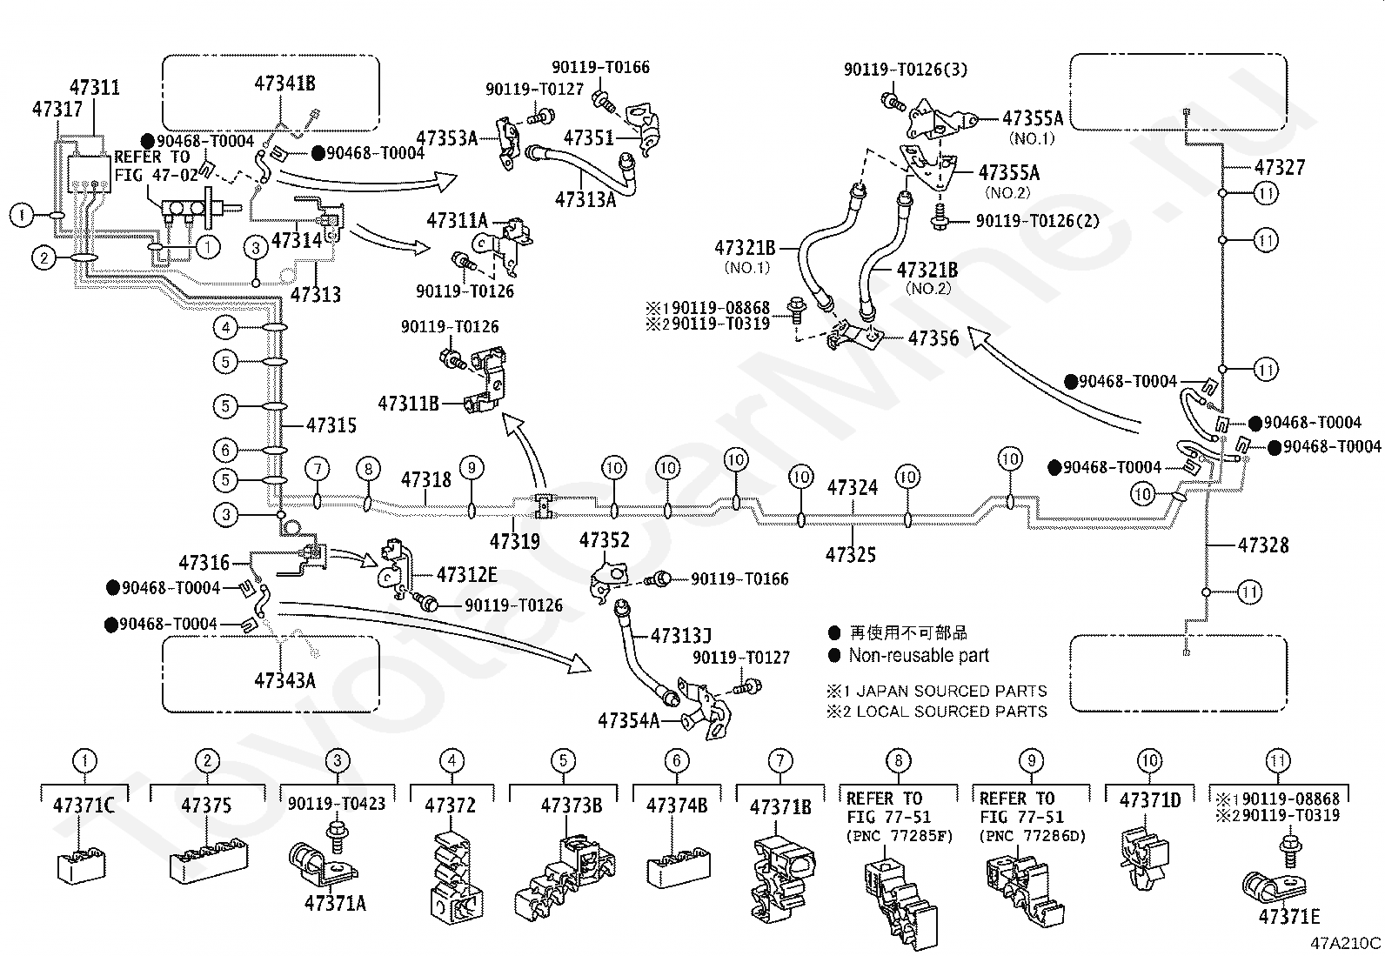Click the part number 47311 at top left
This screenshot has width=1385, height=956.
[95, 87]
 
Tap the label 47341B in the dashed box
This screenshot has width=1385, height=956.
[285, 84]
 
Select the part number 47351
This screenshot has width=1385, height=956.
[589, 137]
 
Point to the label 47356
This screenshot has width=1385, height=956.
[933, 338]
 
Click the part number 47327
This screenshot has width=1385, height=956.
[1280, 168]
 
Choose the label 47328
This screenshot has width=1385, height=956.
[1263, 545]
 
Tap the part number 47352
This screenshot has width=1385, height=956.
[604, 540]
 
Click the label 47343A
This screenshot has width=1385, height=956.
[285, 681]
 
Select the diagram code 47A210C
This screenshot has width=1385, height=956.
[1346, 943]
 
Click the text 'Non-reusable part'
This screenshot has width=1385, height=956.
[919, 656]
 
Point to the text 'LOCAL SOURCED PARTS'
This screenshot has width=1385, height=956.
[952, 712]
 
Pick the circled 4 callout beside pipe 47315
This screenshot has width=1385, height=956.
[225, 328]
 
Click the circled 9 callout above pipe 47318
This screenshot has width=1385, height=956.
[472, 468]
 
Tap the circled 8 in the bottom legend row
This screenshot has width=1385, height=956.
[899, 760]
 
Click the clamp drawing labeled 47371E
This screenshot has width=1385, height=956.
[1274, 877]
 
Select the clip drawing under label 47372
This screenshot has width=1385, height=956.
[457, 878]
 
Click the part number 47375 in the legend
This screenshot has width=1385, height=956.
[206, 806]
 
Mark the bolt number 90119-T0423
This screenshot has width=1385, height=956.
[337, 804]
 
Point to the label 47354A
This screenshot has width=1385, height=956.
[628, 721]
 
